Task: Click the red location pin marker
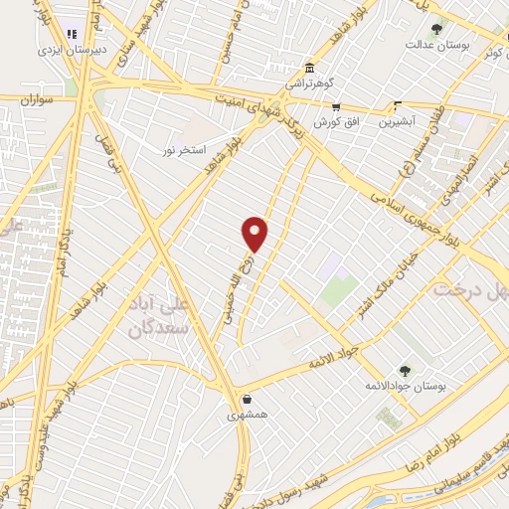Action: (x=255, y=233)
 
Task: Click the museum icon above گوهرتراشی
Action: (x=311, y=69)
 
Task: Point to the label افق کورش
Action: (x=335, y=122)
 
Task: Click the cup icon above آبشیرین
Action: (x=398, y=106)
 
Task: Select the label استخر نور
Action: (x=184, y=149)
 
